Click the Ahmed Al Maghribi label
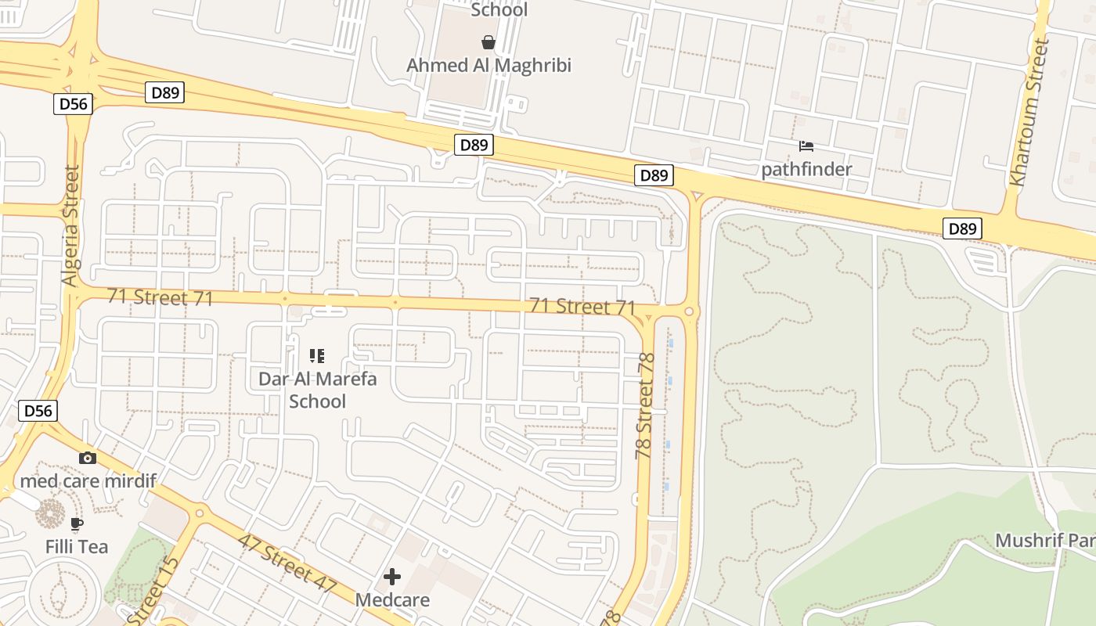click(489, 65)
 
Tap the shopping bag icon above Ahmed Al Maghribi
click(489, 41)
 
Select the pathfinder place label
click(806, 168)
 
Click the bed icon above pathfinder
click(806, 146)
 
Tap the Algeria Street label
click(71, 225)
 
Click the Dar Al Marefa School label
click(317, 390)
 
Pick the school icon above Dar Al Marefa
click(317, 357)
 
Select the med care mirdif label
click(87, 480)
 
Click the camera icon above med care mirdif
click(88, 458)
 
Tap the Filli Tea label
click(77, 546)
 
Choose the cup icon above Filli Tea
click(77, 523)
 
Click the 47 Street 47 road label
click(287, 563)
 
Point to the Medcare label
click(392, 600)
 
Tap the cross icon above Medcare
click(392, 577)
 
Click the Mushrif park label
click(1044, 540)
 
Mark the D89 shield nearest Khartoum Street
click(962, 228)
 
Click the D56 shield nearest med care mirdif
click(38, 411)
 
